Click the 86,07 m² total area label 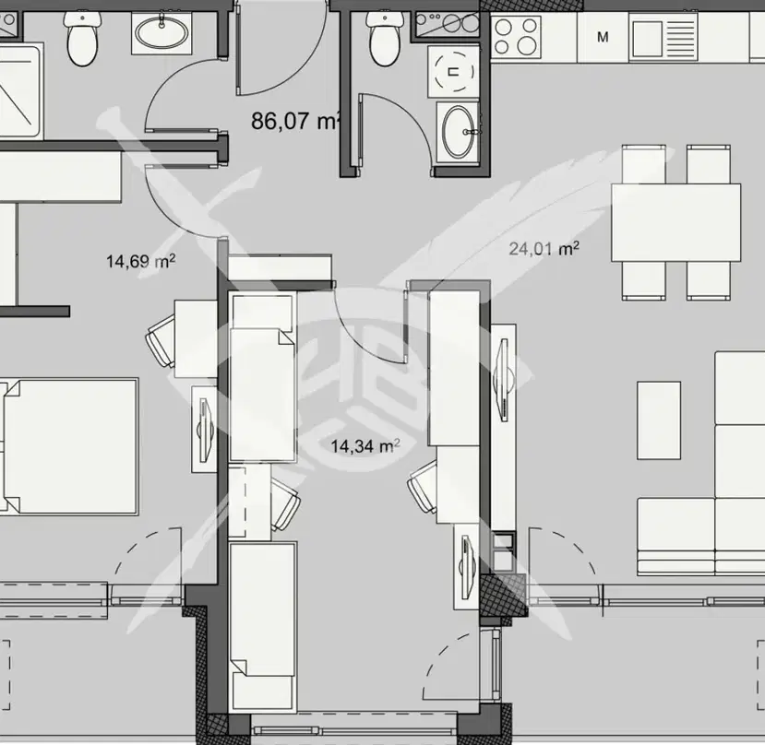[295, 121]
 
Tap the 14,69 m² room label [141, 261]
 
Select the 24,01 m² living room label [544, 249]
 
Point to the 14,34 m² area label [365, 445]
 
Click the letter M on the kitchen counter [603, 37]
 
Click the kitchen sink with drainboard [664, 37]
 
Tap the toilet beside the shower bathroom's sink [83, 38]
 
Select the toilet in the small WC [385, 38]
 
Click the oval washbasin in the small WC [459, 132]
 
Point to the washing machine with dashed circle [454, 72]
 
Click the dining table [675, 222]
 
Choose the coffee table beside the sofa [659, 420]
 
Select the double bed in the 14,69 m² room [70, 445]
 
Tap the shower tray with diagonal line [19, 91]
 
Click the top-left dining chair [643, 164]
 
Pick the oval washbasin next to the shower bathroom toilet [161, 33]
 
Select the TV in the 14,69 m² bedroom [205, 430]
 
